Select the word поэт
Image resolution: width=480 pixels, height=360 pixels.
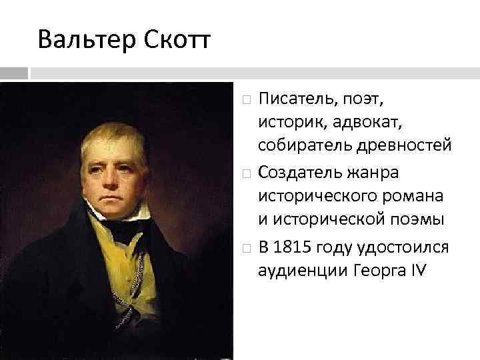[360, 99]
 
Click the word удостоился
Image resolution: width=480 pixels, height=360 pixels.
[409, 247]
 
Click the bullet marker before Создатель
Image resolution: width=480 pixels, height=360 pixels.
[247, 174]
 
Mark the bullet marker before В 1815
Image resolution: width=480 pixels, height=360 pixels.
[247, 248]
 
